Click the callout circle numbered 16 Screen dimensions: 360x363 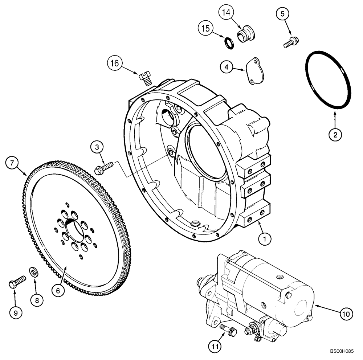[115, 64]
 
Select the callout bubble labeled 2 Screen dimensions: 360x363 [335, 135]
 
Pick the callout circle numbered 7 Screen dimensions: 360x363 [12, 163]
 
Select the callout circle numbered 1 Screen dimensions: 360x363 [265, 238]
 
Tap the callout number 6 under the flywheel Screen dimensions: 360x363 [58, 290]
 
